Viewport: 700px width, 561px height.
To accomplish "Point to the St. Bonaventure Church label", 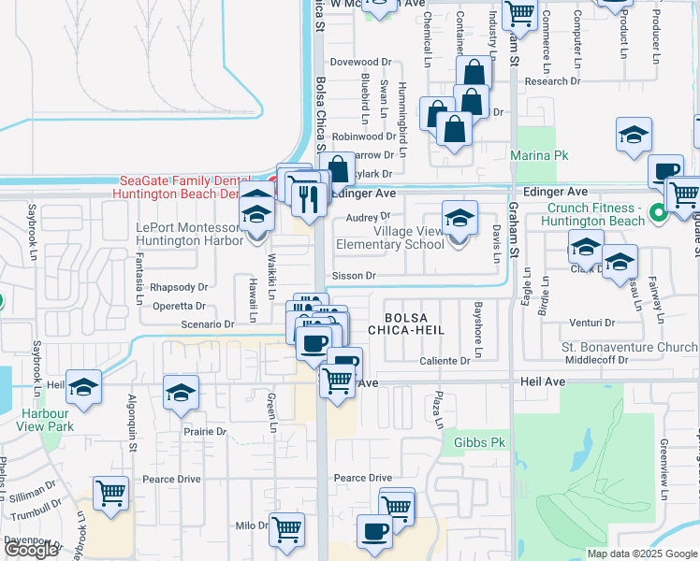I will [629, 347].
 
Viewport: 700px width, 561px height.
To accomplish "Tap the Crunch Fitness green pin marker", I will [659, 213].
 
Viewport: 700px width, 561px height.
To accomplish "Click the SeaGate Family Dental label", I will [184, 180].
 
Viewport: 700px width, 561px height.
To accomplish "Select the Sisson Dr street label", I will [354, 277].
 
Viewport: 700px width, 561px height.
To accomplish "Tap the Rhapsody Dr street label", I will [177, 287].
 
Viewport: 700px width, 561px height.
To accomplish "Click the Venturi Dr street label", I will [591, 323].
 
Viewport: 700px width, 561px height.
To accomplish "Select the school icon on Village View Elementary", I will [459, 218].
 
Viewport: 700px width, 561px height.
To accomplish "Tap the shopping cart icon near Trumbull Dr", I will [111, 493].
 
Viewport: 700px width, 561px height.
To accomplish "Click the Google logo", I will [31, 550].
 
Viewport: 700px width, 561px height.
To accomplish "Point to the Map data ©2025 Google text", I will [641, 554].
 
